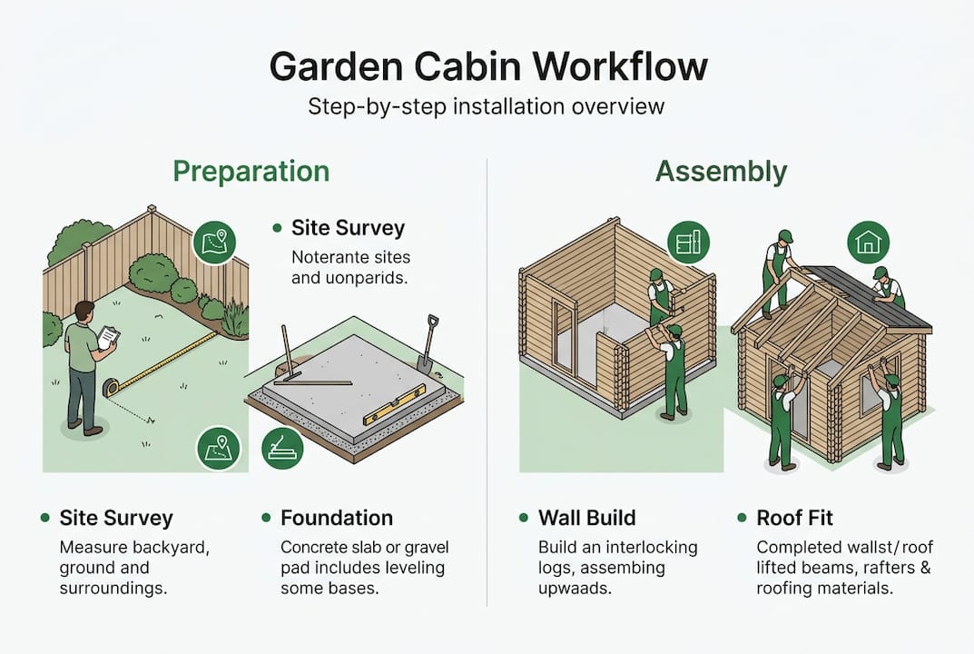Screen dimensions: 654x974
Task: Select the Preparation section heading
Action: pos(251,171)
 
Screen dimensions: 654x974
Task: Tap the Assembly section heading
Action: pos(721,171)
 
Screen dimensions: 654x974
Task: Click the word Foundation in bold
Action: pos(337,518)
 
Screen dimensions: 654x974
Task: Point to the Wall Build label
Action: pos(586,518)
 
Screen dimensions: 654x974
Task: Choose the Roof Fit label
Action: pos(795,518)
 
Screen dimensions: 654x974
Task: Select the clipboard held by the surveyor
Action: pos(108,336)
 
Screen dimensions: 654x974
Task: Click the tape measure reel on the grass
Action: pos(112,388)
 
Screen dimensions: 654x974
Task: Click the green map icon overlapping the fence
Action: pos(215,242)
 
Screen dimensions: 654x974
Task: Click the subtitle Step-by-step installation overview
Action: pos(487,106)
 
